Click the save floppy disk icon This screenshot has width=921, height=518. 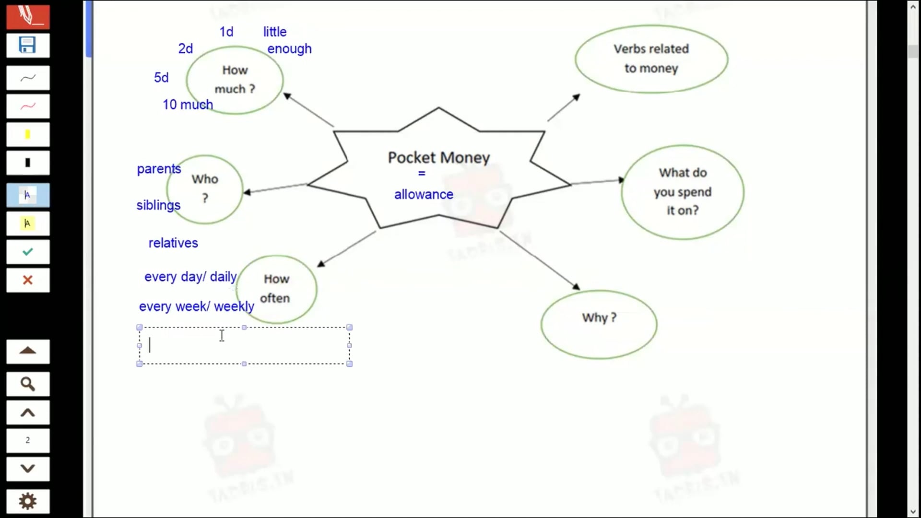coord(27,46)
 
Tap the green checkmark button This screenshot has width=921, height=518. coord(27,252)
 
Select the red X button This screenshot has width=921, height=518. coord(27,280)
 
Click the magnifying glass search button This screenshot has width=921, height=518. coord(27,384)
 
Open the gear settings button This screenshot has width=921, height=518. coord(27,501)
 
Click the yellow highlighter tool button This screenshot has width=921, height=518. coord(27,135)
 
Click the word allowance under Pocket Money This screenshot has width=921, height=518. coord(424,194)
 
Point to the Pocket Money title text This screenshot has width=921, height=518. coord(438,157)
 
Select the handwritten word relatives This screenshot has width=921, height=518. coord(173,243)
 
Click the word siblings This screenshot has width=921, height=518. coord(158,205)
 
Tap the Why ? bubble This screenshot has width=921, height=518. coord(599,324)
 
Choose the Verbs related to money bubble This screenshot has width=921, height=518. coord(651,59)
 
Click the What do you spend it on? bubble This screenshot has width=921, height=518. coord(682,192)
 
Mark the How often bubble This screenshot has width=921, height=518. coord(277,289)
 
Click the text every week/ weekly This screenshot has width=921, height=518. coord(197,306)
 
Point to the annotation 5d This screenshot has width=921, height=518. coord(161,78)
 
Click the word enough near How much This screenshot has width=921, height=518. coord(289,49)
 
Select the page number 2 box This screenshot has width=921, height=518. coord(27,440)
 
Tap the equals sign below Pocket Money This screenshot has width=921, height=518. coord(422,174)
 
